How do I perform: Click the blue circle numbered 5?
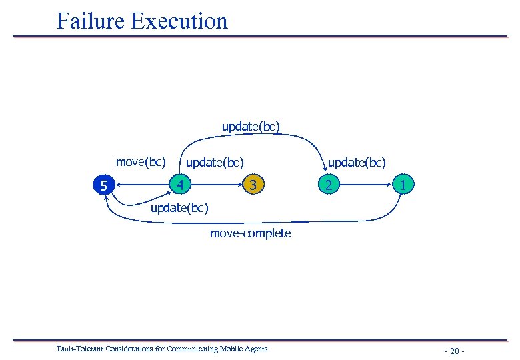(103, 186)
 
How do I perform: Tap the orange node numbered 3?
(252, 184)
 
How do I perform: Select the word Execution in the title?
(179, 21)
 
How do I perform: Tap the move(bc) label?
(141, 161)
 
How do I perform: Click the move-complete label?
(250, 233)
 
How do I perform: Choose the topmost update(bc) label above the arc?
(251, 126)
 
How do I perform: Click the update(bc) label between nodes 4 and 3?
(215, 162)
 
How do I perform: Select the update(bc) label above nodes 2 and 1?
(356, 162)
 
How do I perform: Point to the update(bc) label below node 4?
(179, 208)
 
